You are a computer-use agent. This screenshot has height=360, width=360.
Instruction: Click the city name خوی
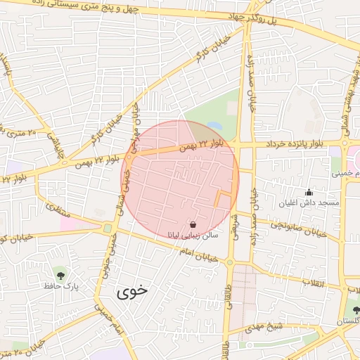(131, 291)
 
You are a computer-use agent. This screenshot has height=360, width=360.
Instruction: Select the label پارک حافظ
(58, 285)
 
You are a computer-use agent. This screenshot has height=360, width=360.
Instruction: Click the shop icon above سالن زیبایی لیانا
(193, 225)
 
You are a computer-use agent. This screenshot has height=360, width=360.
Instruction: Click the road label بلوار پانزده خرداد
(295, 143)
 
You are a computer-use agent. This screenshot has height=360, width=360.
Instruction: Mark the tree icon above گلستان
(354, 309)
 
